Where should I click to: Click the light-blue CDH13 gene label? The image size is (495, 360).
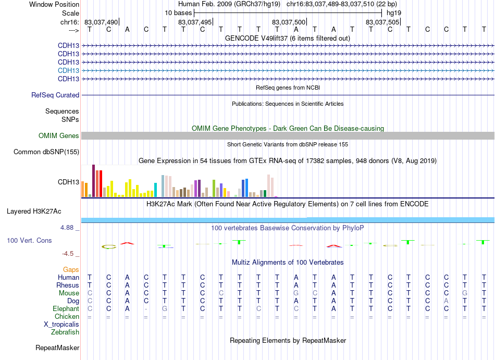[68, 70]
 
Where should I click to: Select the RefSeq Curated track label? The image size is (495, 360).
[55, 95]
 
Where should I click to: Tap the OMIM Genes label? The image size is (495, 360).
[59, 135]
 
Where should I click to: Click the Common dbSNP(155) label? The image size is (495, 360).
[46, 152]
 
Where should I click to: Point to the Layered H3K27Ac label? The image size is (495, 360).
[34, 212]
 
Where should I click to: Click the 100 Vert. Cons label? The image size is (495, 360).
[29, 240]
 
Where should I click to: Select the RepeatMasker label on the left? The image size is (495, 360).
[57, 347]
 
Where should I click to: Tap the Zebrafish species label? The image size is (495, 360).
[65, 332]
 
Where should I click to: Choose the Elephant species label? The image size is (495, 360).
[66, 308]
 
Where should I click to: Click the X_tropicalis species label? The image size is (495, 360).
[61, 325]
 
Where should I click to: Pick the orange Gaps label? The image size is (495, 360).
[71, 269]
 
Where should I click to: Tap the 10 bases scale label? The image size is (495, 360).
[178, 13]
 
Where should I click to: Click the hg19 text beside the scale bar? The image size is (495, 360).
[394, 13]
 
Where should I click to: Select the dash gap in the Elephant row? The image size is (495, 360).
[146, 309]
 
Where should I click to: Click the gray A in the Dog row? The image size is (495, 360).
[446, 301]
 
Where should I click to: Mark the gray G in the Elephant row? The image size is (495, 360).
[165, 308]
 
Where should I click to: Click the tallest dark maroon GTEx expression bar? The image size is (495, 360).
[93, 181]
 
